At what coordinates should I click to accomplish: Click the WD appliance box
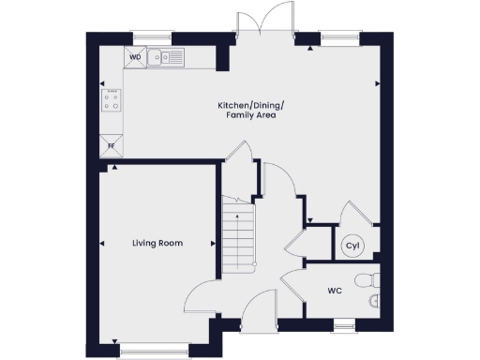pos(134,57)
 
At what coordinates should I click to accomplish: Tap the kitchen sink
pos(169,58)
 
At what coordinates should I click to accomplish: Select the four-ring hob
pos(112,99)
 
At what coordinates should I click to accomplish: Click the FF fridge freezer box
pos(111,145)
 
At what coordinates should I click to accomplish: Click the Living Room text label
pos(157,243)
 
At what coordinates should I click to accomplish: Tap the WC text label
pos(335,292)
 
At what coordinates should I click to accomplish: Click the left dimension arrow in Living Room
pos(101,244)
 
